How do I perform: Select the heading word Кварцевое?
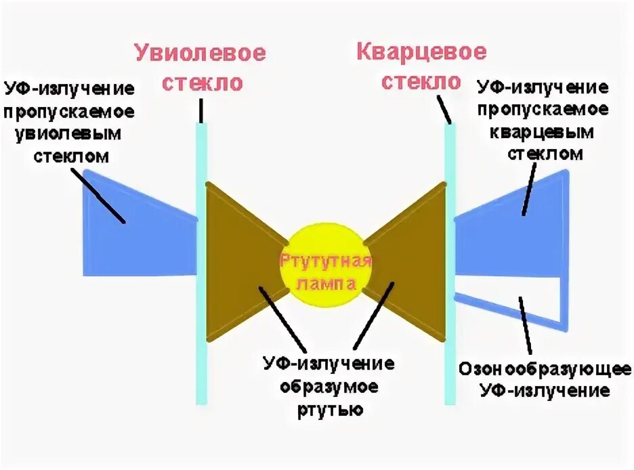tap(421, 51)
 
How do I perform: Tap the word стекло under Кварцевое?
tap(421, 82)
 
